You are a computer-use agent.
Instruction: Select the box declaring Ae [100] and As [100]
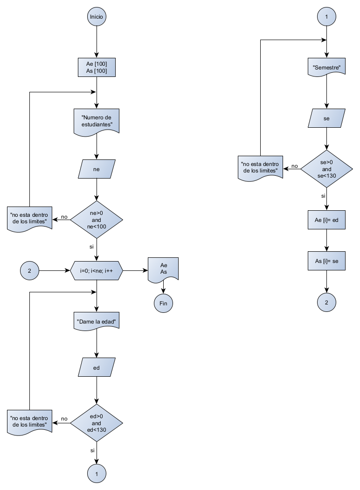pos(97,67)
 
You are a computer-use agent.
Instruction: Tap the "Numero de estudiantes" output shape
pos(97,121)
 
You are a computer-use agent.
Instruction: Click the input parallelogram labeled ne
pos(97,169)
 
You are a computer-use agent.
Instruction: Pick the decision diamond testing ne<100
pos(97,220)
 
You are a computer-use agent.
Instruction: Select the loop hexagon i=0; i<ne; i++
pos(97,270)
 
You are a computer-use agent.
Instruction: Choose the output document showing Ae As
pos(163,269)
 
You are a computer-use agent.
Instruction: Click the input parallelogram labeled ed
pos(97,367)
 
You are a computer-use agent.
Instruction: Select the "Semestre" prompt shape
pos(326,68)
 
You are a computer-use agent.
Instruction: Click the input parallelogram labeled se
pos(326,118)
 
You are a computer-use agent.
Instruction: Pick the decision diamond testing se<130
pos(326,169)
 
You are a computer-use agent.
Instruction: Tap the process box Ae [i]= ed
pos(326,220)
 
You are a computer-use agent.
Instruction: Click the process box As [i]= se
pos(326,262)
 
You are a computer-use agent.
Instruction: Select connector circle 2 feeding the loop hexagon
pos(29,270)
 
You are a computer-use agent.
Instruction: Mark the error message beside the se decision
pos(260,167)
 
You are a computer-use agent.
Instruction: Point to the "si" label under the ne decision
pos(91,246)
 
